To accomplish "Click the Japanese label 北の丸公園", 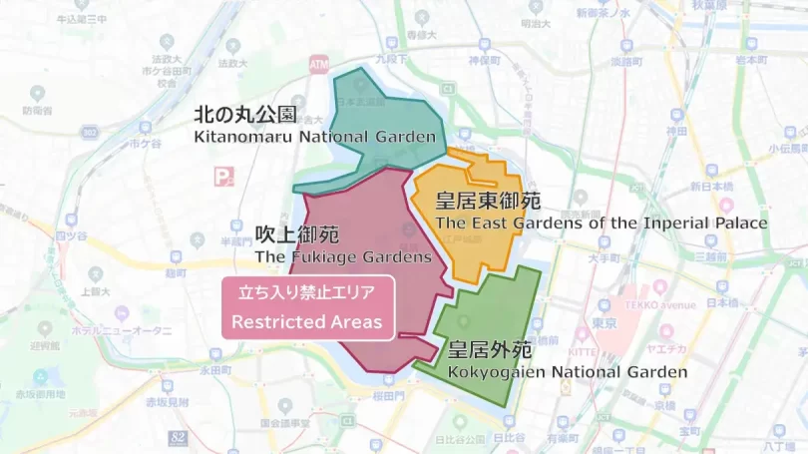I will pyautogui.click(x=244, y=115).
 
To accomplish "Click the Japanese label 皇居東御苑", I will pyautogui.click(x=488, y=201).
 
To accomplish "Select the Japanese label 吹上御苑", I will pyautogui.click(x=296, y=235).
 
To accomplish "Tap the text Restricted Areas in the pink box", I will pyautogui.click(x=306, y=322).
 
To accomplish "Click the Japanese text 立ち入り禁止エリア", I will pyautogui.click(x=306, y=294).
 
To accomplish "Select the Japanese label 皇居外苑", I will pyautogui.click(x=490, y=350).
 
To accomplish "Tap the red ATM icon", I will pyautogui.click(x=319, y=62).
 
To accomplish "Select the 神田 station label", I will pyautogui.click(x=677, y=132).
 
